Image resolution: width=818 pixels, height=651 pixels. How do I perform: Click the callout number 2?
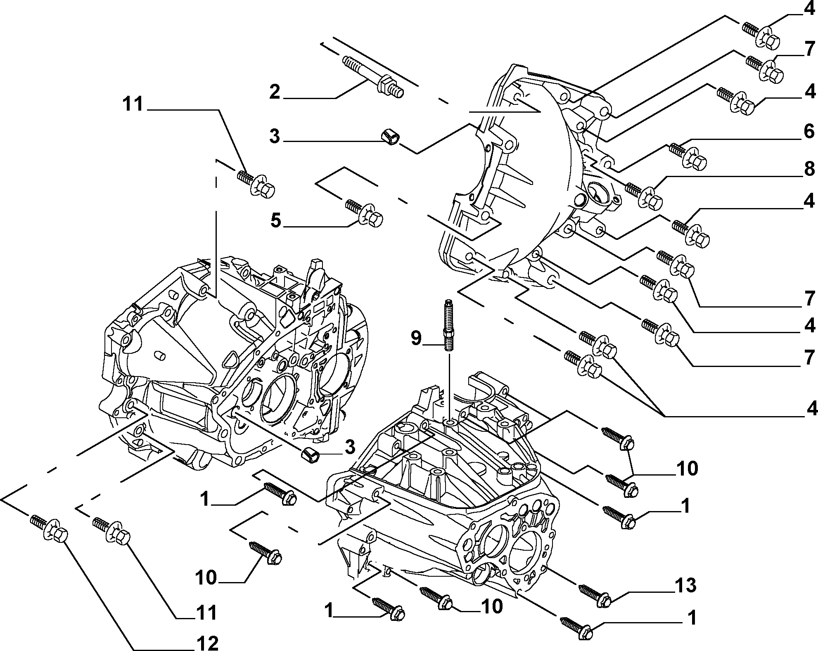click(275, 92)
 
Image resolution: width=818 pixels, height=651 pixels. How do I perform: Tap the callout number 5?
click(275, 221)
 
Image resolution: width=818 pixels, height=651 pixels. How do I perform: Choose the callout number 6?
click(809, 132)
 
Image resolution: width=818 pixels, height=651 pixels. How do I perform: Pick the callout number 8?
click(809, 169)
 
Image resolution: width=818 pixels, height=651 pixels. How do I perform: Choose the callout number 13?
click(685, 586)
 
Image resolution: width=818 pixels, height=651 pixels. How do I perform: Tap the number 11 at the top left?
click(133, 104)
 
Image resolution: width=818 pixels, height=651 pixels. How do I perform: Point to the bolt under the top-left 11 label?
click(256, 185)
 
